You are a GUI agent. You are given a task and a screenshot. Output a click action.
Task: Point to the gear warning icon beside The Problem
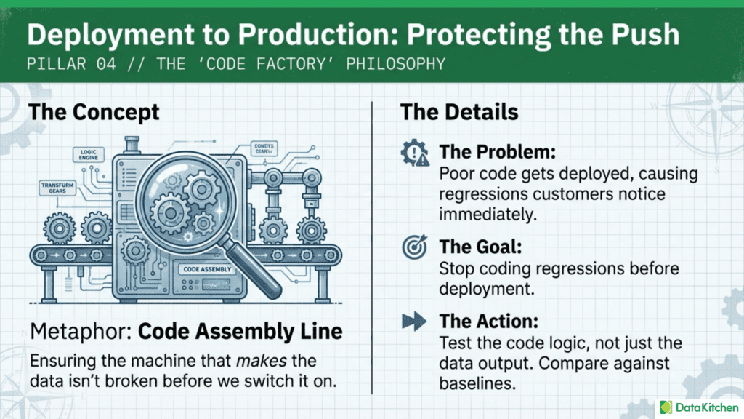[415, 154]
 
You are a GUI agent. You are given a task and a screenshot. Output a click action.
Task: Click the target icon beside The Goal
[415, 247]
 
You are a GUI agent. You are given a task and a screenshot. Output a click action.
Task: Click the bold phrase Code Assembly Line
[240, 332]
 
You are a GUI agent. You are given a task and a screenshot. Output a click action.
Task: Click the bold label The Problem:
[497, 153]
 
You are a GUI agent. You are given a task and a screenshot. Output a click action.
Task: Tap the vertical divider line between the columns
[372, 247]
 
